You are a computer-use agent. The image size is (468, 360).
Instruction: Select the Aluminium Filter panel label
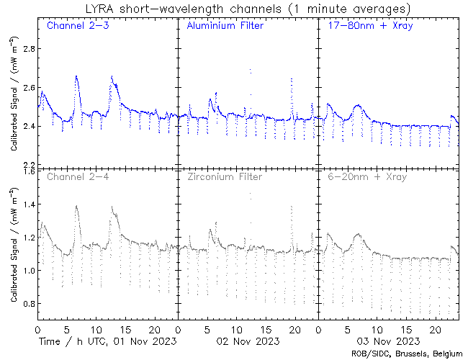click(225, 27)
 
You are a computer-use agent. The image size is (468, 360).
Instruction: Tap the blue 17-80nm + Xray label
click(367, 27)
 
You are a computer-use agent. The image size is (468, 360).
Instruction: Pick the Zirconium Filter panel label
click(224, 176)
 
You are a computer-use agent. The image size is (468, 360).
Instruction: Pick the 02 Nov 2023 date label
click(248, 341)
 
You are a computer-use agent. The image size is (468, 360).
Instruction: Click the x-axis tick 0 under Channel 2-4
click(37, 329)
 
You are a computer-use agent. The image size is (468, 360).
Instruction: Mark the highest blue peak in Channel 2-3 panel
click(76, 76)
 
